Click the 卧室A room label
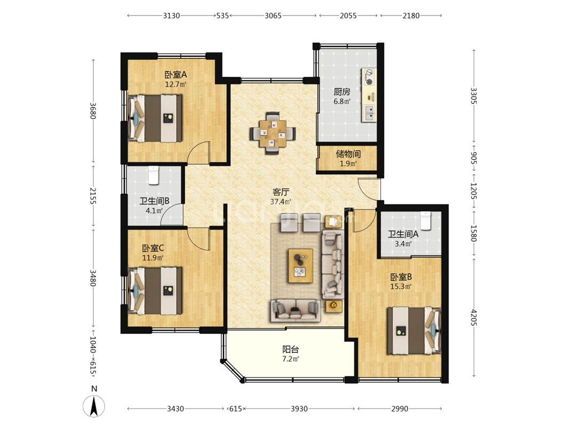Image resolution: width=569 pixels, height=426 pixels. point(175,75)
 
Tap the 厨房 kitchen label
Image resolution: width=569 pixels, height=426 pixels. point(342,92)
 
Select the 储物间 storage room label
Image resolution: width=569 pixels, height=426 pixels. point(348,154)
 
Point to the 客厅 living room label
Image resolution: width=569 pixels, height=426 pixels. point(281,192)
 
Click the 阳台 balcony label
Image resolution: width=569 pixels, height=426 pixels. point(291,349)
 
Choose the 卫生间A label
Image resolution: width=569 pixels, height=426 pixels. point(403,234)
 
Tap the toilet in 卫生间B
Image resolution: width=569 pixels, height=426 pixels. point(154,175)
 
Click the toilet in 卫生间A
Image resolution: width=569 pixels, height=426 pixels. point(425,220)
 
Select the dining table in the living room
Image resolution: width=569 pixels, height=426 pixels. point(273,133)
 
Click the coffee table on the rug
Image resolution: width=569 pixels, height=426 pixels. point(300,266)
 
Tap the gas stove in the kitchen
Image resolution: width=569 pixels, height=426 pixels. point(369,77)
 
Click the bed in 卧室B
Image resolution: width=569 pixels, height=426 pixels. point(414,331)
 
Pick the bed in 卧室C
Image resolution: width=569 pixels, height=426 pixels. point(156,291)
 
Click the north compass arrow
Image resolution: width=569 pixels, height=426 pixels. point(94,406)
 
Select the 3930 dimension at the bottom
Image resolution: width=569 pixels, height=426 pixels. point(299,409)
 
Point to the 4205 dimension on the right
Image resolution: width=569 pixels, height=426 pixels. point(474,317)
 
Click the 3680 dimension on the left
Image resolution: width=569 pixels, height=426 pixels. point(93,111)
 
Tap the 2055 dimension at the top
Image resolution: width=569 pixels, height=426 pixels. point(348,15)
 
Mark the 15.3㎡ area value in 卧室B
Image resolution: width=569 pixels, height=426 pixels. point(401,286)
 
